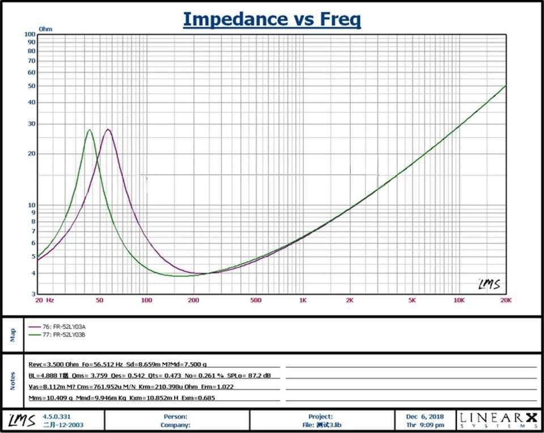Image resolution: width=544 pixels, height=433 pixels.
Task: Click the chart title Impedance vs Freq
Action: (x=271, y=19)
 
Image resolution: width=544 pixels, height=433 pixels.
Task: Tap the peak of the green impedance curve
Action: (x=89, y=130)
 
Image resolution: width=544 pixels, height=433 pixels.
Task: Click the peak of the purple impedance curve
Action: (x=108, y=129)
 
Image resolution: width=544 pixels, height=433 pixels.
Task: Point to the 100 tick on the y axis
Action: (x=31, y=34)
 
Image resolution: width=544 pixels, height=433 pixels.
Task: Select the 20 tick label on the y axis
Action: (x=31, y=153)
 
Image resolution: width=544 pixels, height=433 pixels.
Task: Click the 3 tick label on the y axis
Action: (x=33, y=294)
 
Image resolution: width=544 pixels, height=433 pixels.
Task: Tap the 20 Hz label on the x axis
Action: (x=45, y=300)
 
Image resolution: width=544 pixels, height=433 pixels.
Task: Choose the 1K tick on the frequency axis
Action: (x=303, y=300)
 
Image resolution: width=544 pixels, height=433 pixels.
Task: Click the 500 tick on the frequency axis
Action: (x=256, y=300)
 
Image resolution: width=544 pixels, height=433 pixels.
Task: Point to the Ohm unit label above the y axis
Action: (x=45, y=28)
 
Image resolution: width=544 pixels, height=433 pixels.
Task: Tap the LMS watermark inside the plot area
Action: (x=489, y=284)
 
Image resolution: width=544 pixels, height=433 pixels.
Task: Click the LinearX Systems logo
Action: (x=499, y=420)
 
